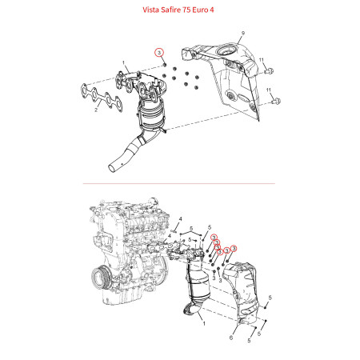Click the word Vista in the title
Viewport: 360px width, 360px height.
click(151, 10)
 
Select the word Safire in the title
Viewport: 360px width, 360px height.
click(171, 10)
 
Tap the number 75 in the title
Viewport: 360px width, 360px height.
click(186, 10)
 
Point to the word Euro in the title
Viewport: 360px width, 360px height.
click(200, 10)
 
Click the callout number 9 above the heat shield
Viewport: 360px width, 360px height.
click(243, 34)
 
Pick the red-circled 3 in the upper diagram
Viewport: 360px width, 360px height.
click(159, 53)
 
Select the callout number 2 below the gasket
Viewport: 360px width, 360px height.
click(96, 110)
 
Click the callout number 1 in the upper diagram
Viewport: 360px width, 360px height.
click(123, 63)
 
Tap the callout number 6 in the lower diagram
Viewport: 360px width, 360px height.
click(231, 338)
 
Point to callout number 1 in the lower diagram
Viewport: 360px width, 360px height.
click(204, 324)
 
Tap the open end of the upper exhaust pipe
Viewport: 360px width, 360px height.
click(112, 168)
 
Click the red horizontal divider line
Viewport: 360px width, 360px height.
click(178, 183)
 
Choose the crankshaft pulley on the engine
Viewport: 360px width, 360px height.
click(101, 278)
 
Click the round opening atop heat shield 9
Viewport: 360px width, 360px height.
click(227, 50)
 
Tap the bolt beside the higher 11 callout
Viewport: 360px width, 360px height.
click(269, 71)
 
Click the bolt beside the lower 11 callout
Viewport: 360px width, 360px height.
click(276, 102)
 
